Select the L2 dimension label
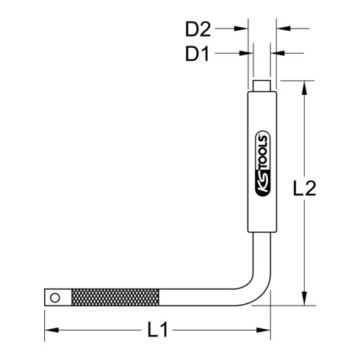pyautogui.click(x=324, y=190)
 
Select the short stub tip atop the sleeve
pyautogui.click(x=261, y=85)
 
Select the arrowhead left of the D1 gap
pyautogui.click(x=248, y=52)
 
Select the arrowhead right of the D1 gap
pyautogui.click(x=277, y=52)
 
